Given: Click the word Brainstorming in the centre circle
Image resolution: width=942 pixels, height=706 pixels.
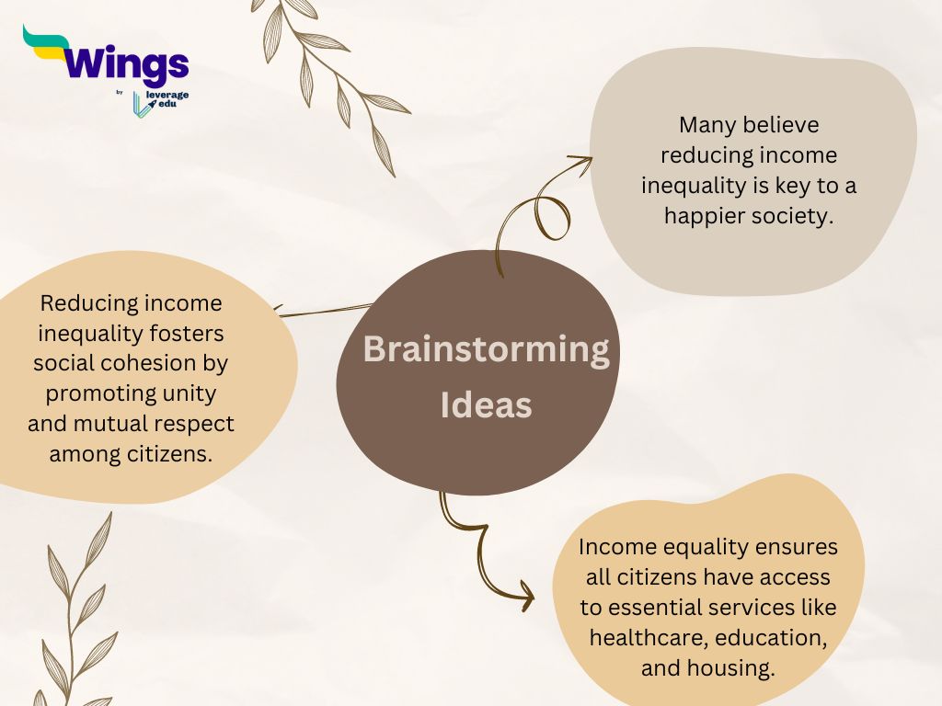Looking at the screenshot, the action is (486, 350).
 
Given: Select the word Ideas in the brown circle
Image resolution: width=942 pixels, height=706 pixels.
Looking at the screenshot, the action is (486, 404).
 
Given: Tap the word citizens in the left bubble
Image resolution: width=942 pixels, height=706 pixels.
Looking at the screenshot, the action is (170, 454).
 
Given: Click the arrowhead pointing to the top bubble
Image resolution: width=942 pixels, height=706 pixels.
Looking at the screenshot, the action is (582, 165).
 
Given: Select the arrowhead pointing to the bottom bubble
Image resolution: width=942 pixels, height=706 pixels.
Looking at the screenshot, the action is (524, 596).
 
